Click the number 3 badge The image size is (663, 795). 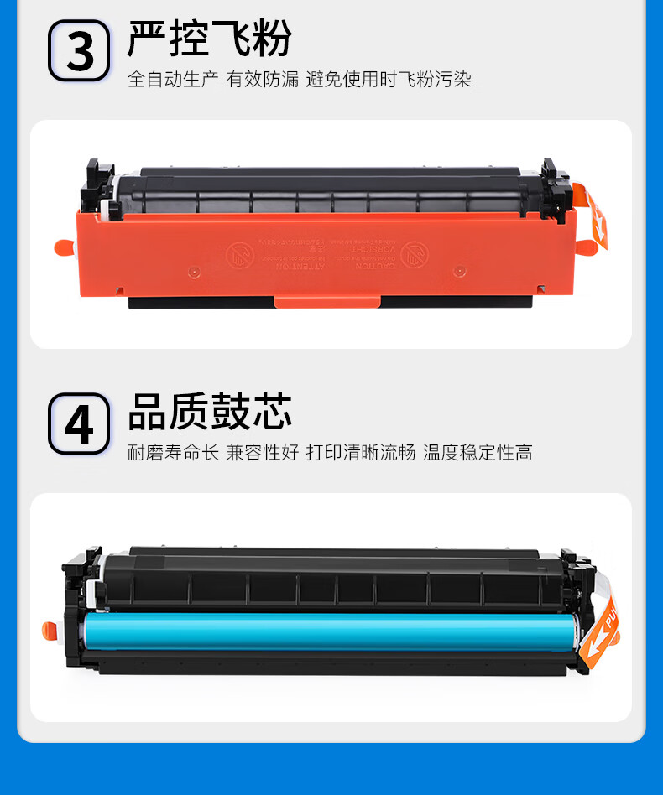click(x=79, y=51)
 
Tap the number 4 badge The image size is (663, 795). click(x=79, y=424)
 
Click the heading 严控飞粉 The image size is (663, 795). click(x=209, y=38)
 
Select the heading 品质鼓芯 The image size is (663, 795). click(x=209, y=412)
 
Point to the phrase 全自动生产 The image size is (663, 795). click(x=173, y=80)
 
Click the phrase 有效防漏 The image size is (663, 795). click(x=263, y=80)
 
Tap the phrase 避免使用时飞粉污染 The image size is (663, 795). click(x=389, y=80)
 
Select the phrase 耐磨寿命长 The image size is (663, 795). click(x=173, y=453)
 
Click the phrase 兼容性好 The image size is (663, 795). click(x=263, y=453)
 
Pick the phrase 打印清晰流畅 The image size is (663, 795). click(x=361, y=453)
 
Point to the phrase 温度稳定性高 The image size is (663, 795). click(x=478, y=453)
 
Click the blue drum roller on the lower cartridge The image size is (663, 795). click(x=327, y=631)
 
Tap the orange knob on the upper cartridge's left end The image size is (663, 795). click(x=64, y=247)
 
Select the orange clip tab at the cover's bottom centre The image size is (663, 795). click(x=326, y=303)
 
